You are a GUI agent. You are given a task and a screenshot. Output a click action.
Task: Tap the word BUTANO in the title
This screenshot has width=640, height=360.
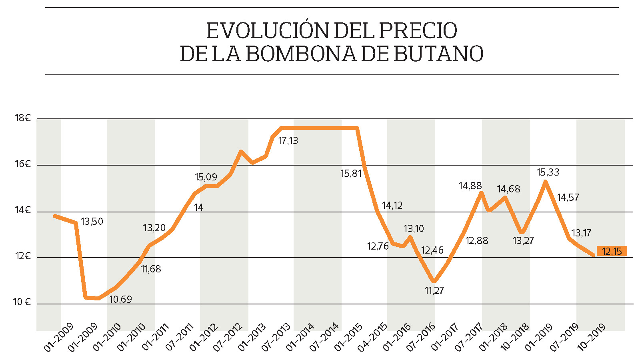[x=438, y=54]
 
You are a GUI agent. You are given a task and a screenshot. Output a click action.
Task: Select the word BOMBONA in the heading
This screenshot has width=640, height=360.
[x=300, y=54]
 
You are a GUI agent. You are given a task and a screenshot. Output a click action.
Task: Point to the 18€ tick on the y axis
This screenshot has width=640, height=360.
[x=23, y=118]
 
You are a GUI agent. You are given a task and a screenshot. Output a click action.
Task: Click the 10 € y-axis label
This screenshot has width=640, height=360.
[x=22, y=302]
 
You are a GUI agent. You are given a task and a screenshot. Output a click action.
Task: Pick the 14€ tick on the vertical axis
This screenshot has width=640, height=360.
[x=23, y=210]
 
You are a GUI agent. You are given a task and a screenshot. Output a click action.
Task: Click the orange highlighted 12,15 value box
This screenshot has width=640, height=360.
[x=612, y=251]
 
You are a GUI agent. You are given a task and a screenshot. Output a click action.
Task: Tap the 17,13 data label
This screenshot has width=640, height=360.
[x=288, y=141]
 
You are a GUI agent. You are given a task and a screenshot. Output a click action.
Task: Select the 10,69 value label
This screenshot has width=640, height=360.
[x=120, y=299]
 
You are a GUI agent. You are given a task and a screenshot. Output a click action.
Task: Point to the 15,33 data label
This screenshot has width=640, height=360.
[x=548, y=172]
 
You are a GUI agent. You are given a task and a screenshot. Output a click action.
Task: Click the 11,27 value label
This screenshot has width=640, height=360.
[x=434, y=291]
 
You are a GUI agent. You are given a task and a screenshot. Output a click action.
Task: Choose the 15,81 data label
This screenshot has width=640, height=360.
[x=351, y=174]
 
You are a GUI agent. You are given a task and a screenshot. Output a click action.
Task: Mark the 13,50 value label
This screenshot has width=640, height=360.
[x=92, y=222]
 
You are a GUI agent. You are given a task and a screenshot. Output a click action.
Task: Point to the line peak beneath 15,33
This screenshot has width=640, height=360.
[x=546, y=182]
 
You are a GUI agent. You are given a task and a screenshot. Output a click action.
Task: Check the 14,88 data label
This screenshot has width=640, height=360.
[x=470, y=186]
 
